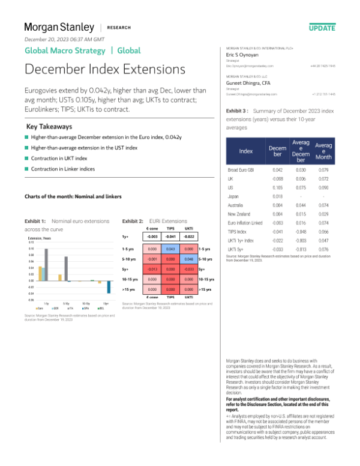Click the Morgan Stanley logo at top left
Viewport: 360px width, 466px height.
(59, 27)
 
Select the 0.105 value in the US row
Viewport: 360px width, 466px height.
(277, 187)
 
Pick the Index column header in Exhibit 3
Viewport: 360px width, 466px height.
(246, 151)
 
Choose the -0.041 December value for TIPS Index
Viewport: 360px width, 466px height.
(277, 231)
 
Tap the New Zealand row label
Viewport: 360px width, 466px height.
(239, 214)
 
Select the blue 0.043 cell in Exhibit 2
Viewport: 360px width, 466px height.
(170, 249)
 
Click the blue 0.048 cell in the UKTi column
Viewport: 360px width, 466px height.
(188, 259)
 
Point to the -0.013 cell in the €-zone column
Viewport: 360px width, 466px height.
(152, 270)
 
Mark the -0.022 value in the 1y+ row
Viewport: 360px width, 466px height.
(188, 237)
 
